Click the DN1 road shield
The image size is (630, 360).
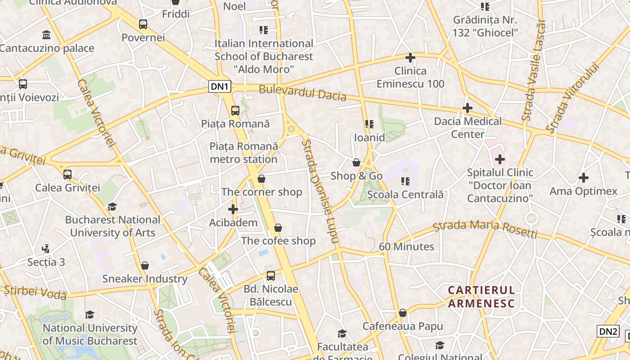pyautogui.click(x=220, y=86)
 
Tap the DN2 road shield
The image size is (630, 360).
pyautogui.click(x=608, y=332)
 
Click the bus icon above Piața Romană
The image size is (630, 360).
pyautogui.click(x=235, y=110)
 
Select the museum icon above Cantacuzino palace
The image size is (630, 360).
pyautogui.click(x=46, y=35)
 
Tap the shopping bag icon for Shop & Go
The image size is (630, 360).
pyautogui.click(x=356, y=162)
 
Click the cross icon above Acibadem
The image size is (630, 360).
pyautogui.click(x=233, y=209)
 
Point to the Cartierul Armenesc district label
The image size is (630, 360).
pyautogui.click(x=481, y=296)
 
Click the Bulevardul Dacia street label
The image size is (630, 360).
pyautogui.click(x=302, y=93)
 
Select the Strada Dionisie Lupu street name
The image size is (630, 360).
pyautogui.click(x=320, y=191)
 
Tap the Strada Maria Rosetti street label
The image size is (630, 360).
pyautogui.click(x=485, y=229)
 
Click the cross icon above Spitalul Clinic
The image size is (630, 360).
pyautogui.click(x=499, y=159)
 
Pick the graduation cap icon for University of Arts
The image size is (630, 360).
pyautogui.click(x=112, y=207)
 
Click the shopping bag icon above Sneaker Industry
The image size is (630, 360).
pyautogui.click(x=144, y=265)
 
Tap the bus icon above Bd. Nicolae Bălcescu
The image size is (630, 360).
pyautogui.click(x=270, y=275)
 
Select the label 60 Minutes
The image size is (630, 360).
pyautogui.click(x=406, y=247)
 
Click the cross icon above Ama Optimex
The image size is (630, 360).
pyautogui.click(x=583, y=178)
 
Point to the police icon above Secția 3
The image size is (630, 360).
pyautogui.click(x=45, y=248)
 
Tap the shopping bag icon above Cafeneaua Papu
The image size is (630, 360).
pyautogui.click(x=403, y=313)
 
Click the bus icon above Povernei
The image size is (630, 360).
pyautogui.click(x=143, y=24)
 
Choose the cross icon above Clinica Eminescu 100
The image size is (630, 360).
pyautogui.click(x=410, y=58)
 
